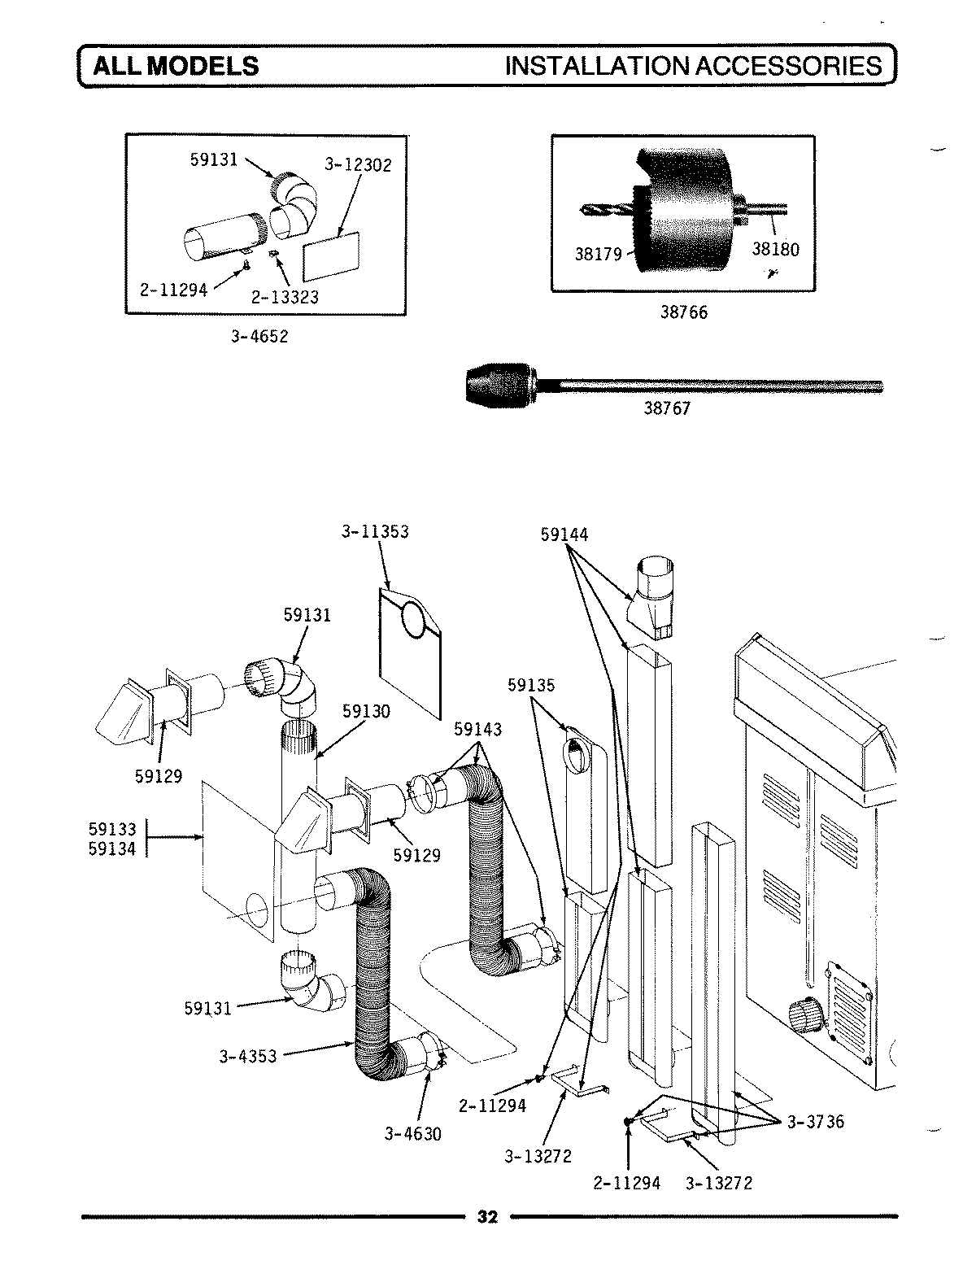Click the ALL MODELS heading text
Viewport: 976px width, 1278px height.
(x=175, y=66)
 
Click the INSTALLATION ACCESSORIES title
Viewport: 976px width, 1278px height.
(x=693, y=66)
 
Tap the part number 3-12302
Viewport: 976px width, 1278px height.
(x=358, y=165)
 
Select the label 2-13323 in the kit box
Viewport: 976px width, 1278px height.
(x=285, y=297)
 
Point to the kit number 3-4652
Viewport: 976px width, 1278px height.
(x=259, y=337)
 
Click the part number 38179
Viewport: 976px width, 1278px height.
(x=598, y=255)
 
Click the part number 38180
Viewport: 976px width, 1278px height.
(x=775, y=249)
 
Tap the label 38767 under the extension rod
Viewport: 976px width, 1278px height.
(x=667, y=409)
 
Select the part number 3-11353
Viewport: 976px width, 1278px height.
(x=375, y=532)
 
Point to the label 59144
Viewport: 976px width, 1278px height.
(x=564, y=534)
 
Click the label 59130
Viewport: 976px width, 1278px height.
(x=366, y=711)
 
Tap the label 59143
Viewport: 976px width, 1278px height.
(x=477, y=730)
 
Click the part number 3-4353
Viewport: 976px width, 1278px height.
(x=247, y=1057)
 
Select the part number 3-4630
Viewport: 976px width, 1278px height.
(x=413, y=1133)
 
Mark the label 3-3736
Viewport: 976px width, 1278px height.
(x=815, y=1122)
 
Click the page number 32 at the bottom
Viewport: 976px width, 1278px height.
(x=486, y=1218)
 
